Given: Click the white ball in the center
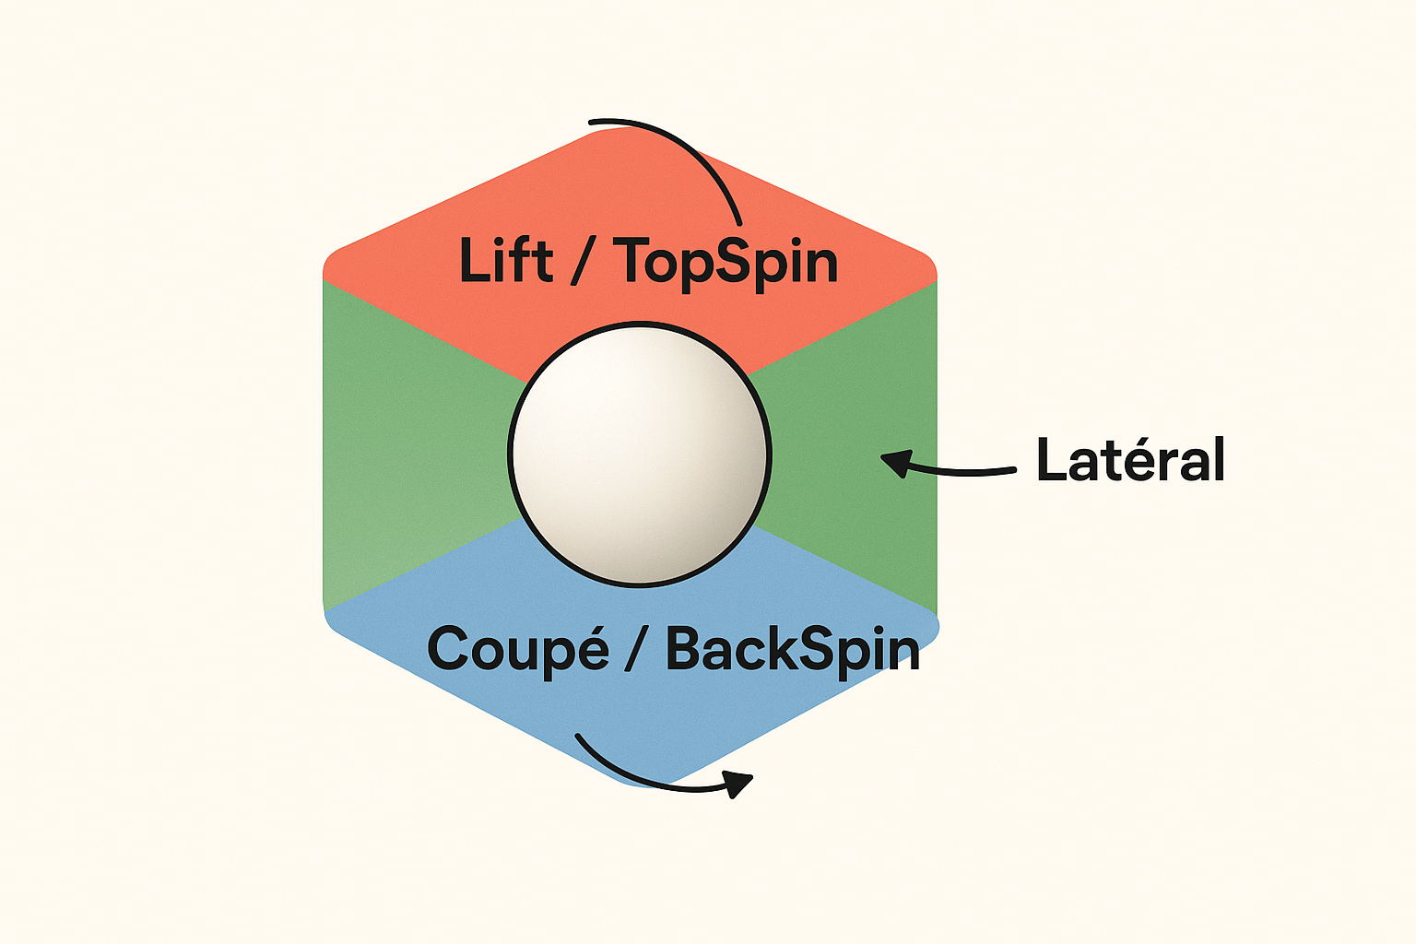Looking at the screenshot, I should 639,454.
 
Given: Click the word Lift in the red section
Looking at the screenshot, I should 505,261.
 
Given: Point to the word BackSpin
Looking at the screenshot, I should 793,649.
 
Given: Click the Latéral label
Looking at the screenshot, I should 1130,459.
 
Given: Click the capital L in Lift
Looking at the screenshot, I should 474,261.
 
